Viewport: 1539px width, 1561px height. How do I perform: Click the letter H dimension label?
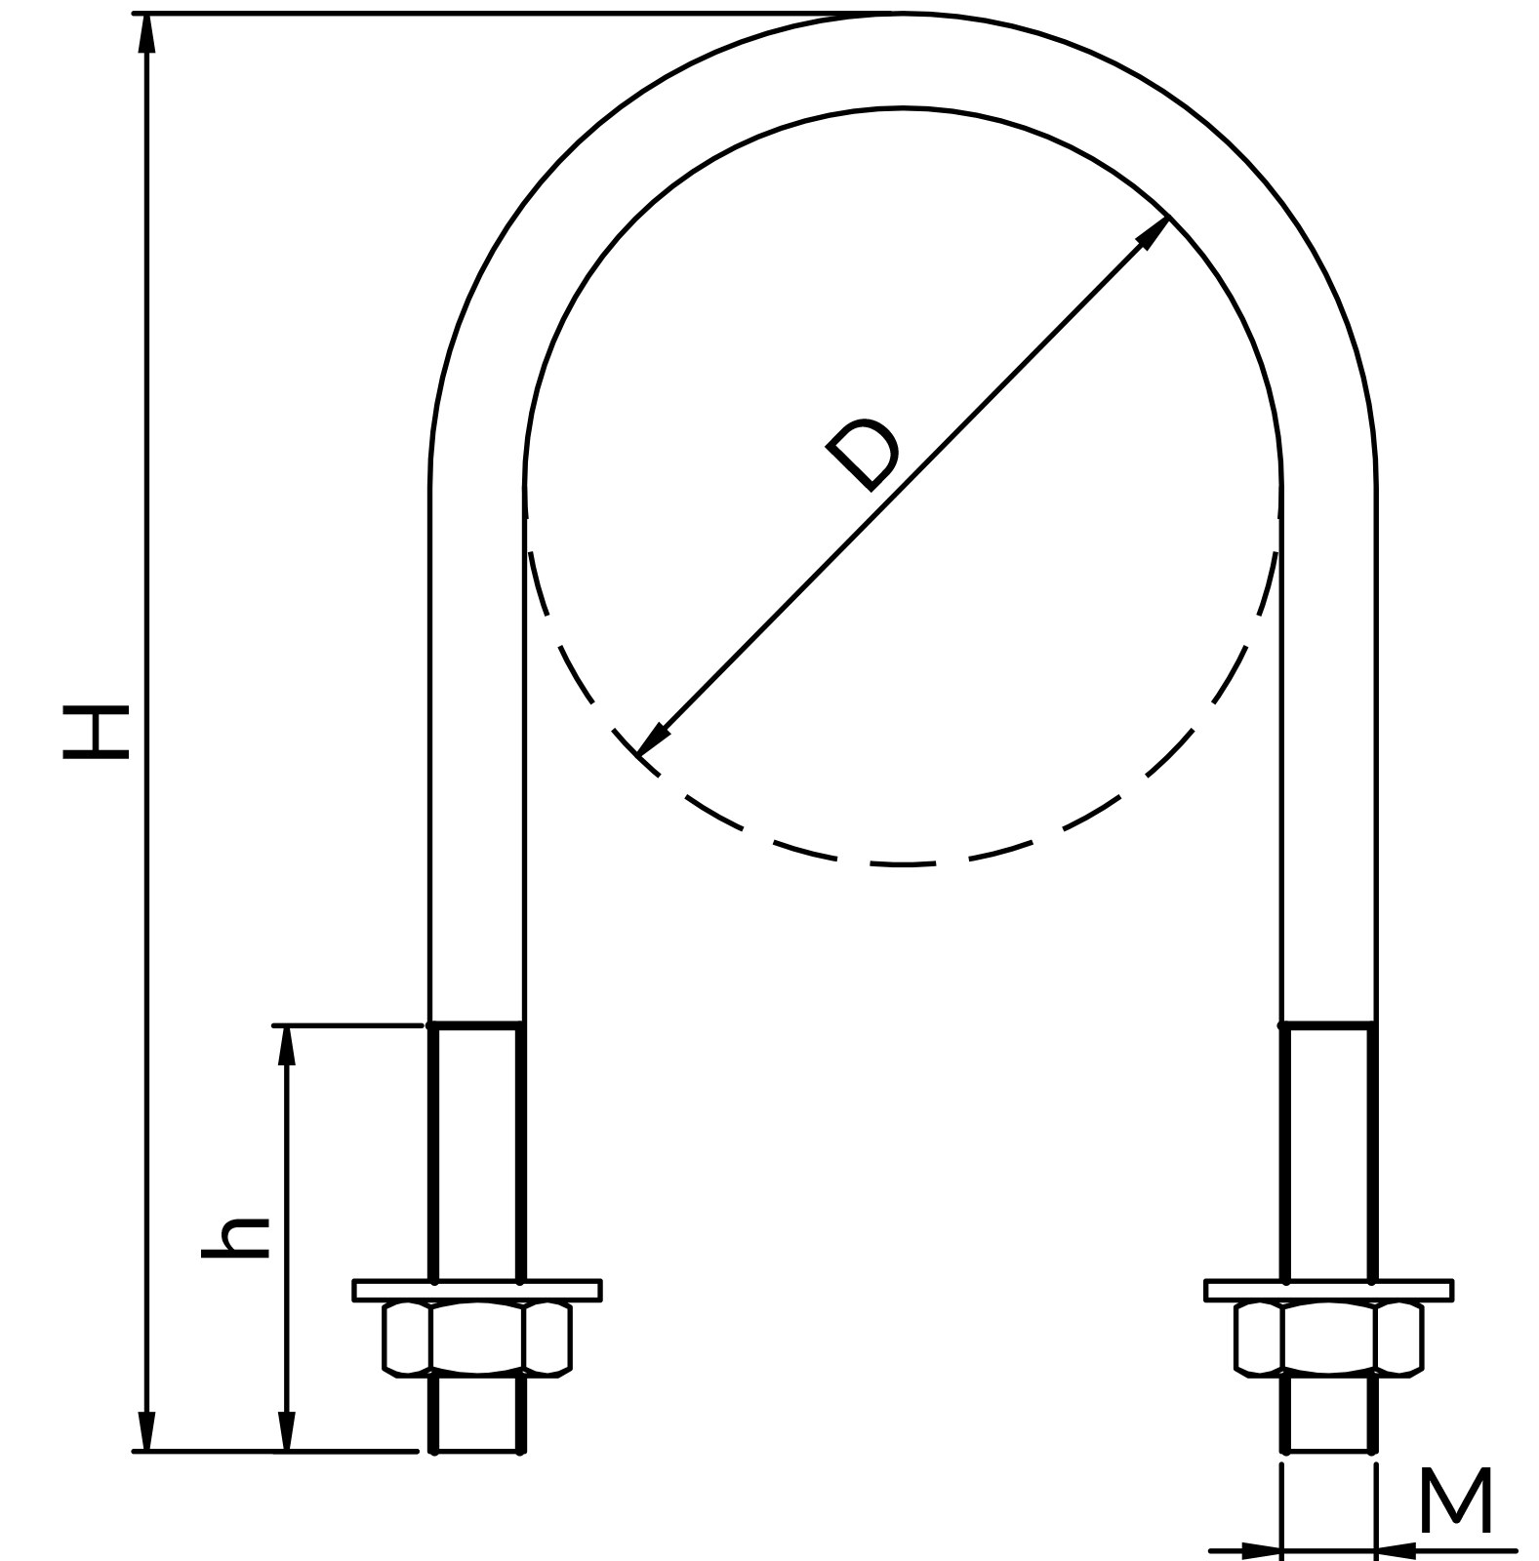[95, 733]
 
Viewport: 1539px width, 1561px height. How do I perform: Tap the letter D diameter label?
[863, 455]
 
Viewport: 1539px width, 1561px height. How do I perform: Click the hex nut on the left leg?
[477, 1339]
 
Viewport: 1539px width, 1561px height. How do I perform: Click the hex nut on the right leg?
[1329, 1339]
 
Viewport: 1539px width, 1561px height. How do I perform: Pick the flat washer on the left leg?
[477, 1290]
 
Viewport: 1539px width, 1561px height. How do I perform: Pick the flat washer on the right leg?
[1329, 1290]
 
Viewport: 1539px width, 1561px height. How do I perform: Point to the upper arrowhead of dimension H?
[146, 34]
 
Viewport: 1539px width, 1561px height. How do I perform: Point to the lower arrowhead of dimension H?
[146, 1430]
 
